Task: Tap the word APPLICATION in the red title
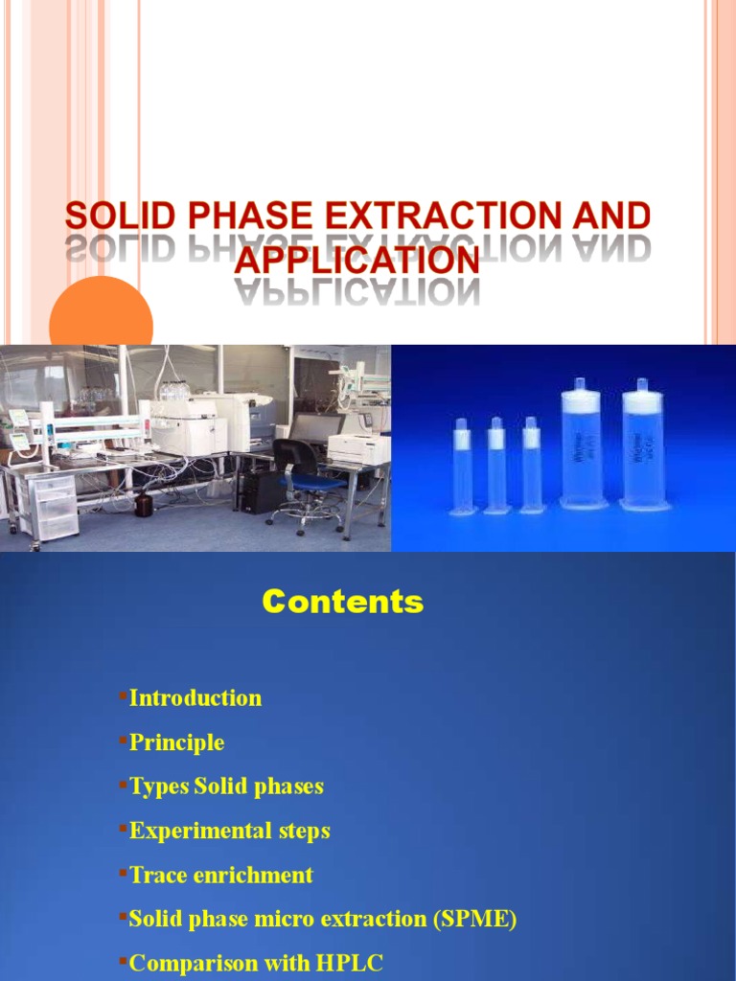(x=357, y=260)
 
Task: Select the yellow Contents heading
(x=342, y=602)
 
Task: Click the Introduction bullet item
(x=195, y=697)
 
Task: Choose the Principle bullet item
(x=176, y=742)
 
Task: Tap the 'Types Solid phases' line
(x=226, y=787)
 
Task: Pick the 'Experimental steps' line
(x=229, y=831)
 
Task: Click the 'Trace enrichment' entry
(x=220, y=875)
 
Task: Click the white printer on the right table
(x=357, y=447)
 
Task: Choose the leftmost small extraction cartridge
(x=463, y=468)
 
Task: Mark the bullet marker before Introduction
(x=124, y=694)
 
